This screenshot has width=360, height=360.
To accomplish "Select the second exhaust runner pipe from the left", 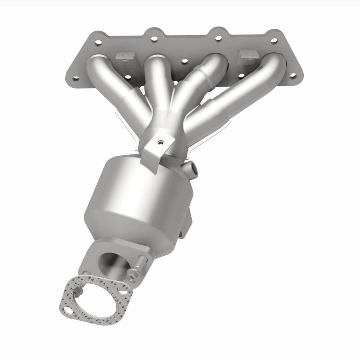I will [x=157, y=85].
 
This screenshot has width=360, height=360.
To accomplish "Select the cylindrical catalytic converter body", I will [x=135, y=198].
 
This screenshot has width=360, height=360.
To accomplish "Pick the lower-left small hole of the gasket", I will [x=67, y=310].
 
